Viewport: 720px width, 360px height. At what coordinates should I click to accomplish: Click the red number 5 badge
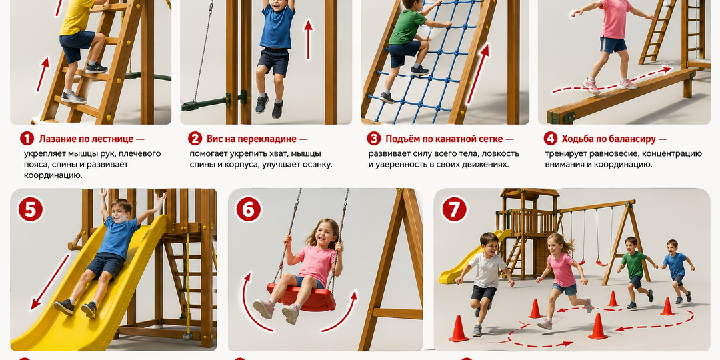30,209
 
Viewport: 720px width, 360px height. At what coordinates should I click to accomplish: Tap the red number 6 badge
249,209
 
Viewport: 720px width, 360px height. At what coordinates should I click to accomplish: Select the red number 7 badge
454,209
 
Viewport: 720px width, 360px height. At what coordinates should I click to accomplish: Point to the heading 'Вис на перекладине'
252,139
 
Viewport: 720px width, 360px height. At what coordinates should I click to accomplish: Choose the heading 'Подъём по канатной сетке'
445,139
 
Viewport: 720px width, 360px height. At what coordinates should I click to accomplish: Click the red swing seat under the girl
301,297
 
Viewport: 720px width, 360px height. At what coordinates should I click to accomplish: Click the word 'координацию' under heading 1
53,175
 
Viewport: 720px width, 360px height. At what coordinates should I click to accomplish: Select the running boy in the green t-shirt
636,271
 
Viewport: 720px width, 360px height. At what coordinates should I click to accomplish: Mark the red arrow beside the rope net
477,73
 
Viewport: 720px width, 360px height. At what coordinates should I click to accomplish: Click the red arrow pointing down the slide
49,283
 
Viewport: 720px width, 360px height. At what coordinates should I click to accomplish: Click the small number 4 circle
551,139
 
